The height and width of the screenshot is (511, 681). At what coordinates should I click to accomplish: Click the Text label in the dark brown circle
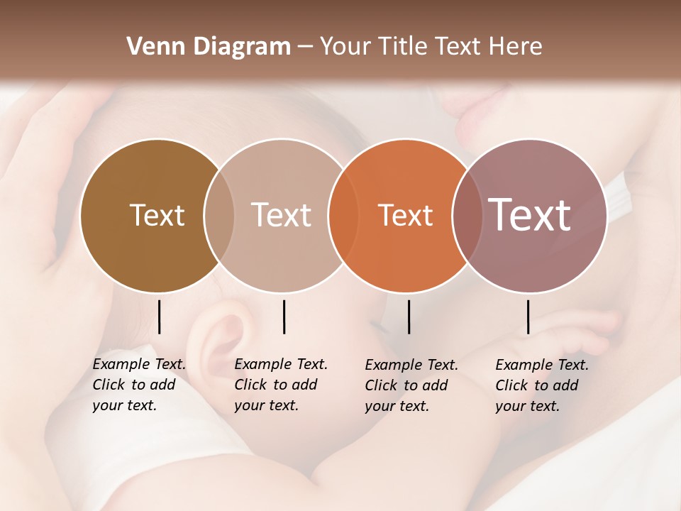(157, 215)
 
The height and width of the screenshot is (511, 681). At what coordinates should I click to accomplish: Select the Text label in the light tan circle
(281, 215)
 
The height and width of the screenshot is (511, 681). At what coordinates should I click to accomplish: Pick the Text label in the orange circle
(405, 215)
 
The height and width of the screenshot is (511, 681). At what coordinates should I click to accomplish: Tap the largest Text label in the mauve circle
(529, 215)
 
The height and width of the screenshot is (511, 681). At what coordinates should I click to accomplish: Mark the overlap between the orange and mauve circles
(464, 215)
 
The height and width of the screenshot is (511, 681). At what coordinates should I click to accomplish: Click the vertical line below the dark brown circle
(159, 317)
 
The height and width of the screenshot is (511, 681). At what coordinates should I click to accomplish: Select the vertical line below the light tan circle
(284, 317)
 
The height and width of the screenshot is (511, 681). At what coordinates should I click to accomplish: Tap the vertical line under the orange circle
(409, 317)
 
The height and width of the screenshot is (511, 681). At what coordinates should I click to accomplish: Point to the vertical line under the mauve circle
(528, 317)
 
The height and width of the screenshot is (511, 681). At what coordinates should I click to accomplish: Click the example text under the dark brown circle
(138, 385)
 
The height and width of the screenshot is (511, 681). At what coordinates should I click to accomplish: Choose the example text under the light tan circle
(280, 385)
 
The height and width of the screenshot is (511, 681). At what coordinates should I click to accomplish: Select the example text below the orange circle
(411, 385)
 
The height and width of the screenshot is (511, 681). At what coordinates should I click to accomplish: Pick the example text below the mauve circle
(541, 385)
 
